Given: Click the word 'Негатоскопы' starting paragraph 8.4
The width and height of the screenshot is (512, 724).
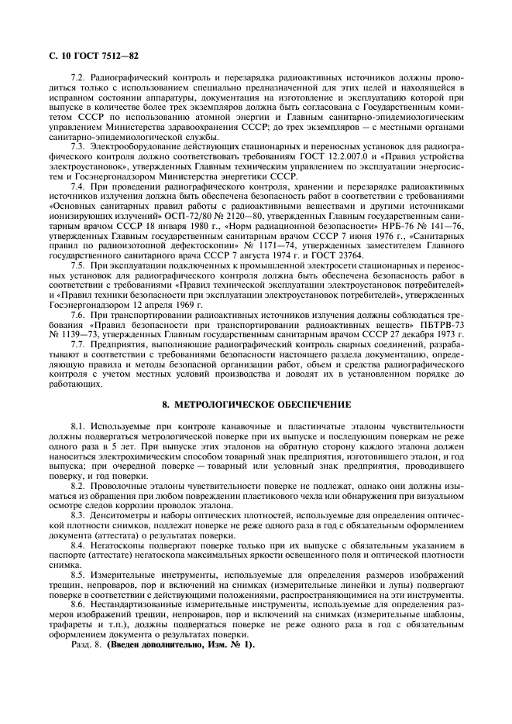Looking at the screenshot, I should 115,545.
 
